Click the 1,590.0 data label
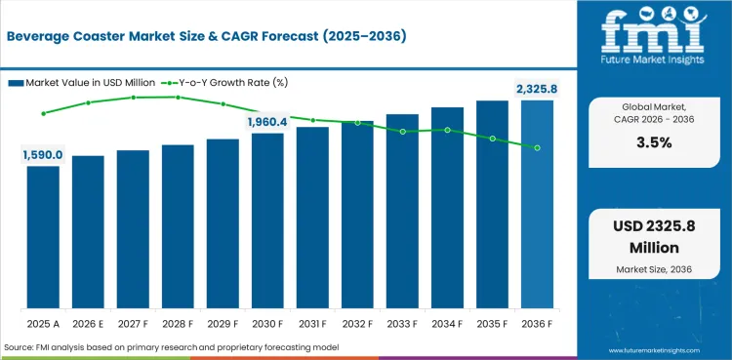43,154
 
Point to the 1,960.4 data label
267,122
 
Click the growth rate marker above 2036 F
537,147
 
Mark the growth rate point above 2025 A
43,113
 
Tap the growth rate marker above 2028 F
178,97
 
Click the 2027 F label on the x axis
133,322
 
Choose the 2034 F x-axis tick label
447,322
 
